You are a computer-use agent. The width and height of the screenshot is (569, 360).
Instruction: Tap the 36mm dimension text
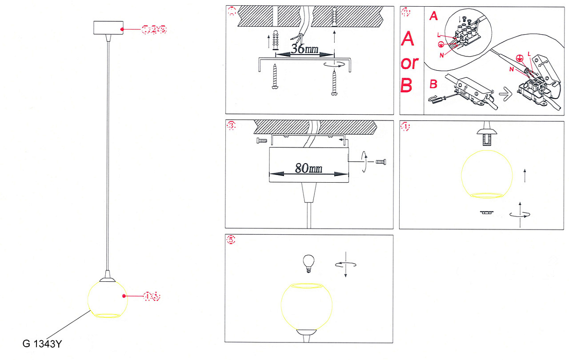pos(305,49)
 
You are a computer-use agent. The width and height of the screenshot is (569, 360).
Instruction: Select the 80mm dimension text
pos(308,168)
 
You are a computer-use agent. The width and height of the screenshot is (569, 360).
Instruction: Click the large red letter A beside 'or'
pos(407,39)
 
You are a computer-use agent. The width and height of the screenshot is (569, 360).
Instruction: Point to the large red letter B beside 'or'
pos(407,85)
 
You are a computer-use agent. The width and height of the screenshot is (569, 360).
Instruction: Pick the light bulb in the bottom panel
pos(309,263)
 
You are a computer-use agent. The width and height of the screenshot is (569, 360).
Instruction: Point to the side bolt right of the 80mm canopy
pos(381,162)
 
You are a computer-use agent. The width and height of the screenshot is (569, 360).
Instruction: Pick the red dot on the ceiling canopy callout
pos(122,29)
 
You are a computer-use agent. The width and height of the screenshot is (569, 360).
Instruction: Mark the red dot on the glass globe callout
pos(124,296)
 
